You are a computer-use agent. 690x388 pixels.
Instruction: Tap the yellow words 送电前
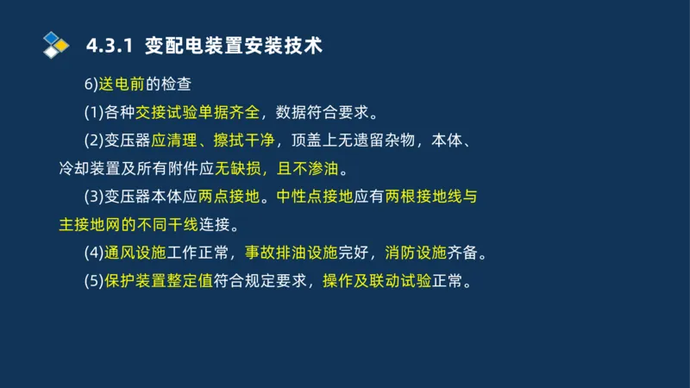(x=122, y=84)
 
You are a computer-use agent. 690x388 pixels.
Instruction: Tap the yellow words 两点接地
(x=227, y=197)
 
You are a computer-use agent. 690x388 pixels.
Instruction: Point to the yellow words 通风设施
(x=135, y=253)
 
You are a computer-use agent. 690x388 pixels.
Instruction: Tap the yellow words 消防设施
(x=411, y=253)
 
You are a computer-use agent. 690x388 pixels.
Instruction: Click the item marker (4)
(x=94, y=253)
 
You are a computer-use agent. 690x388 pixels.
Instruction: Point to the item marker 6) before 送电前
(x=91, y=84)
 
